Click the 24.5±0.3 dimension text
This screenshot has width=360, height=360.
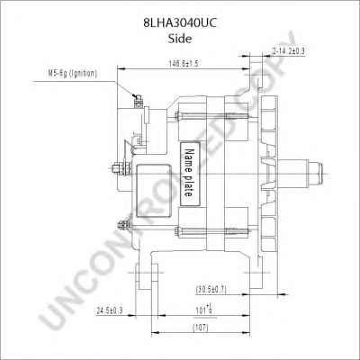point(109,310)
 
